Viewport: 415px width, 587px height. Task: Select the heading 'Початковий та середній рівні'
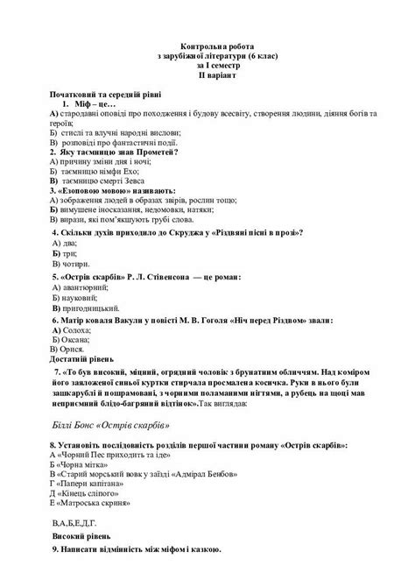[106, 93]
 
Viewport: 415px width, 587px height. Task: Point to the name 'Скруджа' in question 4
[193, 235]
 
